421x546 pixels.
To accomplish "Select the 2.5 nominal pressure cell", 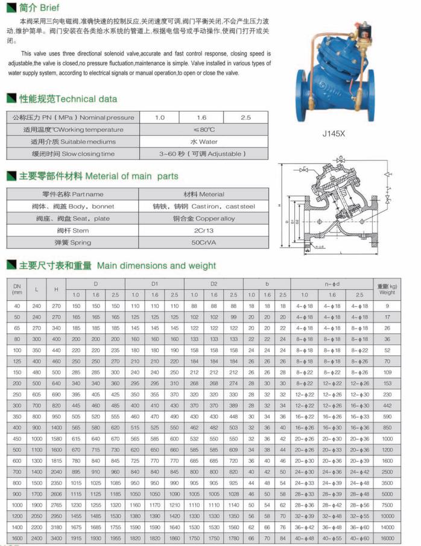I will point(245,118).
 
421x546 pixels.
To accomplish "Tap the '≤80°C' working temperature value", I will point(204,130).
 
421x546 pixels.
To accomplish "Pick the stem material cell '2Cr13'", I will point(204,230).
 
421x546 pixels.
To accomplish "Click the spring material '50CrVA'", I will point(204,242).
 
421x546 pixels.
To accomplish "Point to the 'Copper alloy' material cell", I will point(204,218).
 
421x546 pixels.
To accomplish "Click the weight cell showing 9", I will point(387,307).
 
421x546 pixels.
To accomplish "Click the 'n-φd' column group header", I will point(332,283).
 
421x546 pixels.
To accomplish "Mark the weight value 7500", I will point(387,504).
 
